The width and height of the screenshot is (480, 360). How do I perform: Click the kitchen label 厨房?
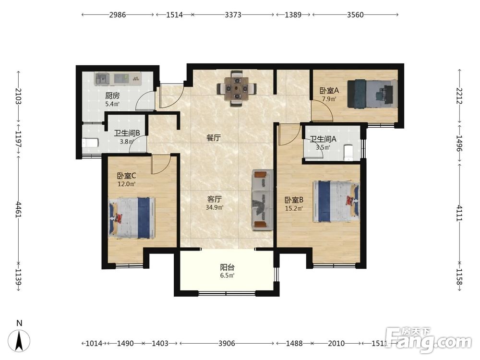(112, 96)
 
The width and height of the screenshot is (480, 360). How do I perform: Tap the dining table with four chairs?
(237, 88)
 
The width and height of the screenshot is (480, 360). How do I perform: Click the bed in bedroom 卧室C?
(132, 217)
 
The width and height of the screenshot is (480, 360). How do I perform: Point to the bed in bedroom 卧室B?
(336, 201)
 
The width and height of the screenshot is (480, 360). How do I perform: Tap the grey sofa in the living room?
(263, 200)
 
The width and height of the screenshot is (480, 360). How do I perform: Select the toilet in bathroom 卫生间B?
(90, 143)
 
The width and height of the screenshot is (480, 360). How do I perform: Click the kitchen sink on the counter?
(102, 78)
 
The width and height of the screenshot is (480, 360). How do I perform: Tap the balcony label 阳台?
(227, 267)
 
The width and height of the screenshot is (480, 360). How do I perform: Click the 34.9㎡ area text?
(215, 207)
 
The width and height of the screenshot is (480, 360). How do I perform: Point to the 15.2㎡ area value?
(294, 208)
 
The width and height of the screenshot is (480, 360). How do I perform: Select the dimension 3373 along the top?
(233, 15)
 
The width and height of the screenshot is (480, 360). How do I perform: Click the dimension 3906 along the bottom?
(227, 344)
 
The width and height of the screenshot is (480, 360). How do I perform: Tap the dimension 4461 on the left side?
(19, 209)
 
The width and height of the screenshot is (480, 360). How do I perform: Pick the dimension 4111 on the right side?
(460, 213)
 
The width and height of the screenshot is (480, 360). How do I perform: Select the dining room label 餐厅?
(214, 138)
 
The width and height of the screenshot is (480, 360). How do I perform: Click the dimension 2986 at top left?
(118, 15)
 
